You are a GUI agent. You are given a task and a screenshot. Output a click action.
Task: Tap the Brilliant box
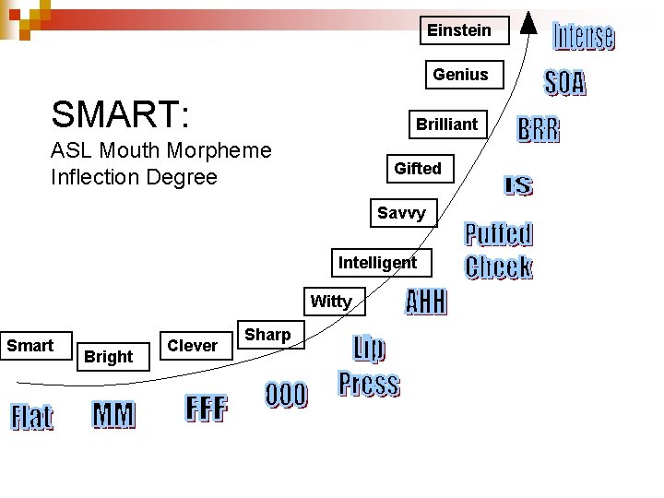point(447,125)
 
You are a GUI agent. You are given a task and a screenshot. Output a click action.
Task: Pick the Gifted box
point(418,169)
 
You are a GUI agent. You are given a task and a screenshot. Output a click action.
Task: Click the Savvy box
point(402,214)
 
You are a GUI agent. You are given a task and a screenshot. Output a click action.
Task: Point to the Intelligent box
point(378,263)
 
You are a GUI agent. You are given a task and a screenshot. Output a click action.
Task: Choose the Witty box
point(332,302)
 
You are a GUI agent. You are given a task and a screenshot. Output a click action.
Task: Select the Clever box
point(193,346)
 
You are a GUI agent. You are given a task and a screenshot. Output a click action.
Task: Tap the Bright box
point(109,356)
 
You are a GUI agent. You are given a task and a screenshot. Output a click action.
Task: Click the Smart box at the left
point(30,346)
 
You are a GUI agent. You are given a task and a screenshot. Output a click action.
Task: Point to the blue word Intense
point(584,37)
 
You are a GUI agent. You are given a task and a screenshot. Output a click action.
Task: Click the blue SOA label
point(564,83)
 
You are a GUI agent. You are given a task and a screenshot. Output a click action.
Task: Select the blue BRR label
point(538,130)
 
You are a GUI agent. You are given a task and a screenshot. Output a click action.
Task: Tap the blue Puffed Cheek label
point(499,250)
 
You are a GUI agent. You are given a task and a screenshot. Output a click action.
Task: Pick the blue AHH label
point(426,302)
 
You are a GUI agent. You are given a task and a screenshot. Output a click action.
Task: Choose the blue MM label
point(113,416)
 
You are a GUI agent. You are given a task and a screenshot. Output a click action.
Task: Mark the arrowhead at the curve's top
point(529,20)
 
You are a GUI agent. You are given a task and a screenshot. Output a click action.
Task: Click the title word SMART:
point(121,116)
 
